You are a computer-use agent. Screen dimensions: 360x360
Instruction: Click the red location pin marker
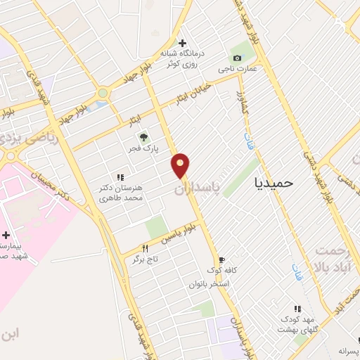(x=181, y=165)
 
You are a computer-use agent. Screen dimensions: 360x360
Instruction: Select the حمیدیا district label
(x=274, y=183)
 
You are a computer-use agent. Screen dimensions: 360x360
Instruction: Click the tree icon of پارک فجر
(x=144, y=138)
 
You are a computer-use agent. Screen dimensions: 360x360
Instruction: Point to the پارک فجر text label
(x=146, y=149)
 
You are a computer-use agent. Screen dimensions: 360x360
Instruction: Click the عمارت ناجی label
(x=237, y=68)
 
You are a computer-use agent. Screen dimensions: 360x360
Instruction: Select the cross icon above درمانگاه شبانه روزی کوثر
(x=182, y=43)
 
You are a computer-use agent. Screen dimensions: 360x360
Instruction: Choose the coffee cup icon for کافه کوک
(x=221, y=259)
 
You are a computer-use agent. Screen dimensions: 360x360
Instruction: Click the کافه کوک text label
(x=221, y=271)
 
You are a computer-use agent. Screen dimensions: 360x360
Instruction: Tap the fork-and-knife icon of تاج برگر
(x=146, y=248)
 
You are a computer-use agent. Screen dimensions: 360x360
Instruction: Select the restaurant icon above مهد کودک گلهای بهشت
(x=297, y=309)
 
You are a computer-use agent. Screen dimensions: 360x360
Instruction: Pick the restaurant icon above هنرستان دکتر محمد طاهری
(x=120, y=177)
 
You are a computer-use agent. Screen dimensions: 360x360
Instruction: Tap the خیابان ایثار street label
(x=184, y=98)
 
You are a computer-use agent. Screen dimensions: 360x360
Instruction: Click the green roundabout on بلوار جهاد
(x=103, y=92)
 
